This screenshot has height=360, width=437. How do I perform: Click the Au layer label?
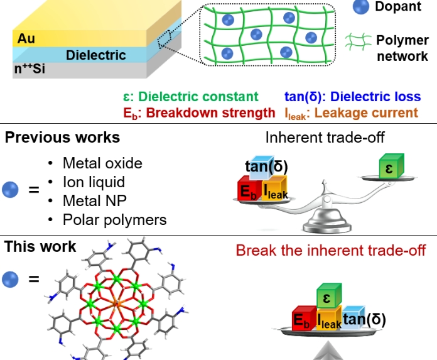pyautogui.click(x=26, y=38)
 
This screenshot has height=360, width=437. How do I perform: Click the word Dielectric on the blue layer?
pyautogui.click(x=95, y=55)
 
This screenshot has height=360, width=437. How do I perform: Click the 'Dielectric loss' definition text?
pyautogui.click(x=352, y=97)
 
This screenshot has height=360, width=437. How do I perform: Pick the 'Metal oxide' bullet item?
pyautogui.click(x=102, y=163)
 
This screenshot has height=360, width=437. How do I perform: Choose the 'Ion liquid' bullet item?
pyautogui.click(x=94, y=182)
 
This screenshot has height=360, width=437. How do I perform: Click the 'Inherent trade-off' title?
pyautogui.click(x=325, y=138)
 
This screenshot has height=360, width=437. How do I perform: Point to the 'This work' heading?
pyautogui.click(x=40, y=246)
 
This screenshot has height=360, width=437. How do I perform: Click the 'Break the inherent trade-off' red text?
pyautogui.click(x=331, y=250)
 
